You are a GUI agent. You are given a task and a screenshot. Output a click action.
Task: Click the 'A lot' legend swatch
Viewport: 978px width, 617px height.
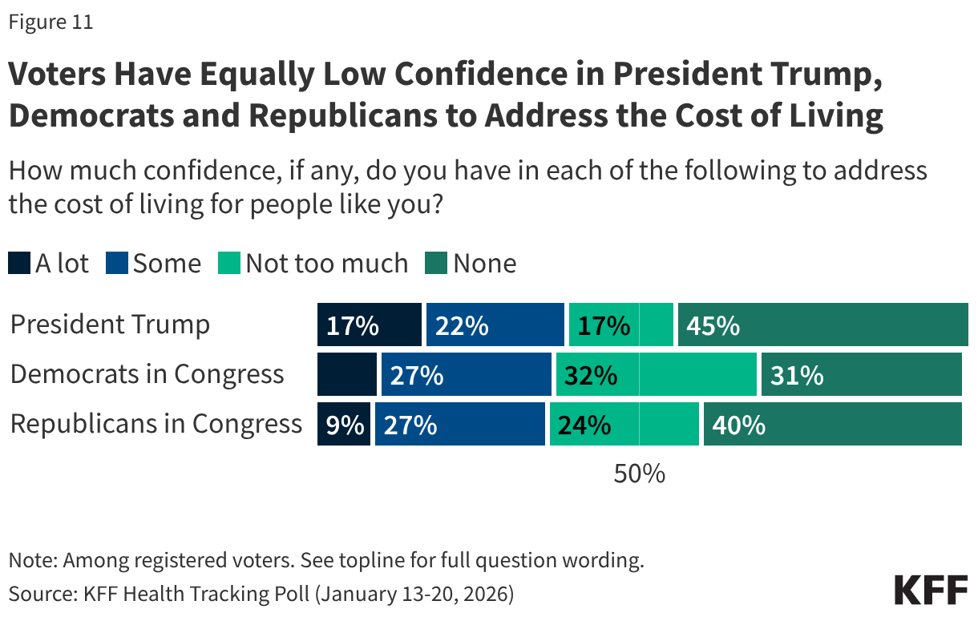pyautogui.click(x=19, y=264)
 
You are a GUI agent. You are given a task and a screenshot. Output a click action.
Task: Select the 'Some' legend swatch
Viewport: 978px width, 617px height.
pyautogui.click(x=117, y=264)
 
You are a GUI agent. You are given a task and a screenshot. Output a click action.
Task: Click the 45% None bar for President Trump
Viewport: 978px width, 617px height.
pyautogui.click(x=822, y=325)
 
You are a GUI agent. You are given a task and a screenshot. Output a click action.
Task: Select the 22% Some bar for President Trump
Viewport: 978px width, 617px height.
pyautogui.click(x=495, y=325)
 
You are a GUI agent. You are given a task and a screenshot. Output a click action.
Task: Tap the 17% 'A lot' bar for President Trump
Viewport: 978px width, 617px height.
pyautogui.click(x=370, y=325)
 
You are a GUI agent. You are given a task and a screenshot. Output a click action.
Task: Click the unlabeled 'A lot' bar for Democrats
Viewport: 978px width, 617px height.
pyautogui.click(x=347, y=374)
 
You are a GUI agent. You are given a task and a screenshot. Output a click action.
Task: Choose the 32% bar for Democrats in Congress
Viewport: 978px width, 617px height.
pyautogui.click(x=657, y=374)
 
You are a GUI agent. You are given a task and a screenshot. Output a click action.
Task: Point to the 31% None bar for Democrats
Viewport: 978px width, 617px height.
pyautogui.click(x=861, y=374)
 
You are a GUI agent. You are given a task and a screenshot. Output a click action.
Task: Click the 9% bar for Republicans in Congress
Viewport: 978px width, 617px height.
pyautogui.click(x=344, y=424)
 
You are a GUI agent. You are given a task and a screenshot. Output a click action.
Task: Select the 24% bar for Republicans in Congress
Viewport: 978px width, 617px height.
pyautogui.click(x=624, y=424)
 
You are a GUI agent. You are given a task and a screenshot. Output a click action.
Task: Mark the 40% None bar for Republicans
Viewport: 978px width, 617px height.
pyautogui.click(x=832, y=424)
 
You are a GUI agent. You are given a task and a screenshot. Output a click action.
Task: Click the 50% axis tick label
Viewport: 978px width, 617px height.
pyautogui.click(x=639, y=474)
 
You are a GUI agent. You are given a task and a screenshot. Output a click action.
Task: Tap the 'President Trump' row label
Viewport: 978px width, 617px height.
pyautogui.click(x=111, y=325)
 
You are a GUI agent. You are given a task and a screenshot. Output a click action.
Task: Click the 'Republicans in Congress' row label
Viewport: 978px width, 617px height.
pyautogui.click(x=156, y=424)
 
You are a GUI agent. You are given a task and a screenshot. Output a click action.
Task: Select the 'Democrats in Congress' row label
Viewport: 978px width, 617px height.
pyautogui.click(x=148, y=374)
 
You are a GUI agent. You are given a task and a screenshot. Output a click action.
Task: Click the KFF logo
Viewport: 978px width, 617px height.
pyautogui.click(x=931, y=590)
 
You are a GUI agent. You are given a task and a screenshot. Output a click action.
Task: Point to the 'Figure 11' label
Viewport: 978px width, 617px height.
pyautogui.click(x=51, y=22)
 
